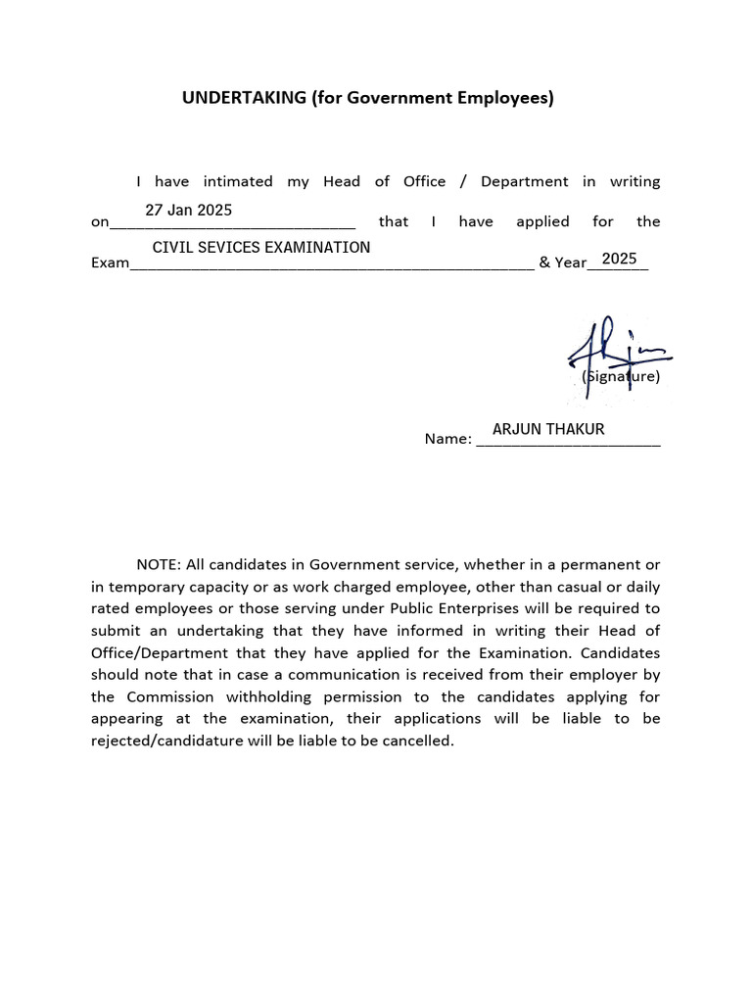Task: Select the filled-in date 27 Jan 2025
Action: (188, 211)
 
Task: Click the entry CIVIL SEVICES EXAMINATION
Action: (261, 248)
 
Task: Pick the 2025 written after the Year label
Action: (619, 259)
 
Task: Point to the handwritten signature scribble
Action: (613, 353)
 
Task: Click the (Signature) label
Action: (621, 376)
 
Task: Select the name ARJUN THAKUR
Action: (548, 429)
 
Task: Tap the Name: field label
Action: (447, 439)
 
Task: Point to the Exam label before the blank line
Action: (110, 263)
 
